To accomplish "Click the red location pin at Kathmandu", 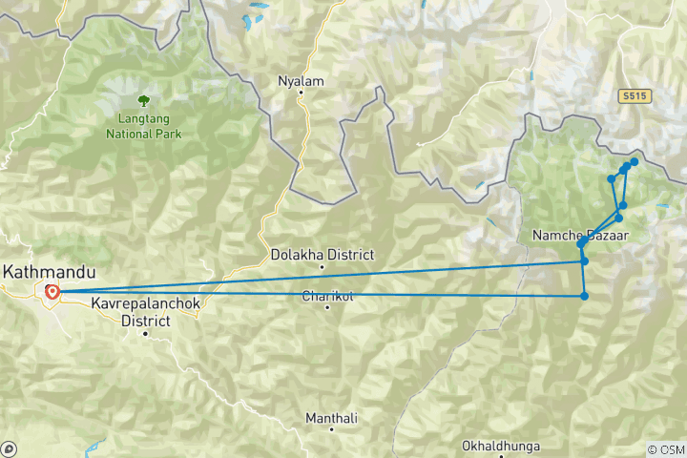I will tap(52, 292).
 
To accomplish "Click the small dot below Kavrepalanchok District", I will tap(146, 334).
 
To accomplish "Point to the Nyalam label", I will tap(301, 81).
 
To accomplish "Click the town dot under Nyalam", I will tap(301, 94).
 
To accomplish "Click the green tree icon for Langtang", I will tap(143, 98).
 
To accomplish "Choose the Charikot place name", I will tap(327, 296).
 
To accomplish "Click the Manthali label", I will tap(331, 418).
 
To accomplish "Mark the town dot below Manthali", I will tap(331, 429).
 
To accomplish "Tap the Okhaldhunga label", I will tap(500, 446).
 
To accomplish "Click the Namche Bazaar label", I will tap(580, 234).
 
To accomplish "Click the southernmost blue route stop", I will tap(584, 296).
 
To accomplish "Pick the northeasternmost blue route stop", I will tap(634, 162).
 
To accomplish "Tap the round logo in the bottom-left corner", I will tap(10, 448).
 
